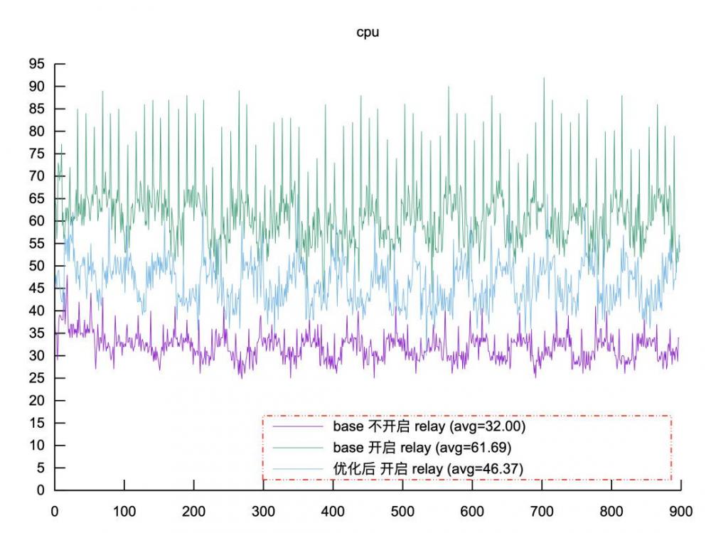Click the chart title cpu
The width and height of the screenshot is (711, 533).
click(368, 33)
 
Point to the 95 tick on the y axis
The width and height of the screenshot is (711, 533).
click(36, 64)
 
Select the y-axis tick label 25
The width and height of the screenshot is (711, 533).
click(36, 378)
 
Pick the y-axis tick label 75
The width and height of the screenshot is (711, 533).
click(36, 154)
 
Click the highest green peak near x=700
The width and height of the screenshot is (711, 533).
click(544, 78)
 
